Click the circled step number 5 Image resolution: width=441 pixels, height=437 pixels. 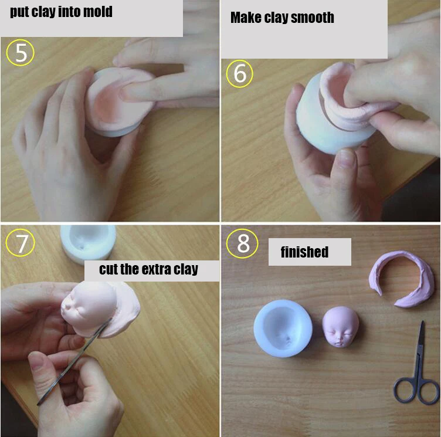[21, 53]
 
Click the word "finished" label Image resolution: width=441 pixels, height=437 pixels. [304, 252]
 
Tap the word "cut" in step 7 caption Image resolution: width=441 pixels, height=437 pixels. [108, 270]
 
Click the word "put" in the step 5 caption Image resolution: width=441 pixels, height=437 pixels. [21, 12]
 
